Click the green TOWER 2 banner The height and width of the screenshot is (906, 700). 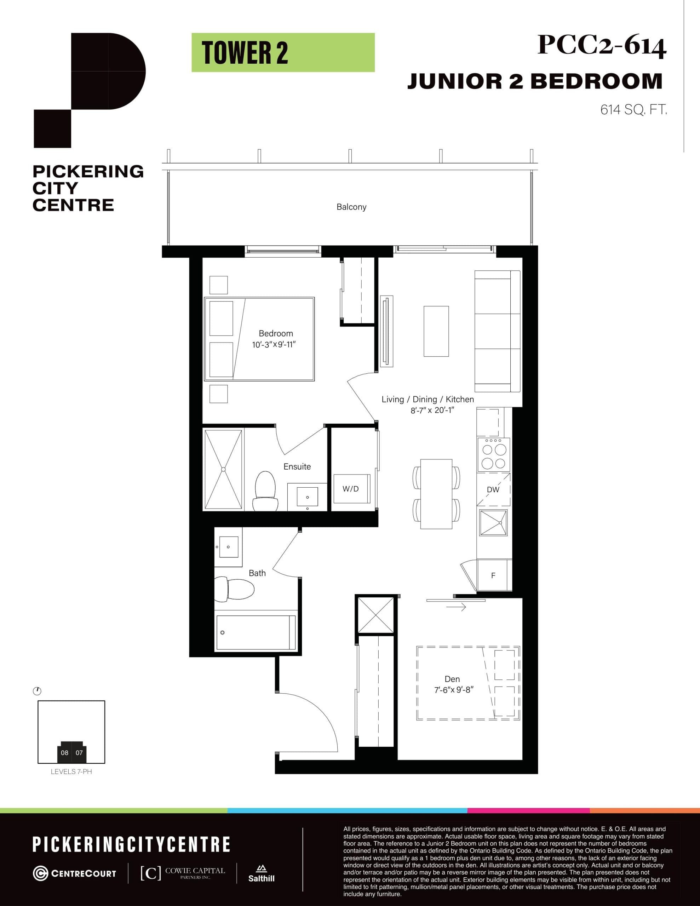click(x=283, y=53)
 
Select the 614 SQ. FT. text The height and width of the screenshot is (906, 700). click(x=633, y=110)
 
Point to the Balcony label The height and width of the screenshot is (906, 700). click(x=351, y=207)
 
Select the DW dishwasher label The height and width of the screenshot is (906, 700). click(x=493, y=489)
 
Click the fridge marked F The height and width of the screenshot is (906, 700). click(x=493, y=575)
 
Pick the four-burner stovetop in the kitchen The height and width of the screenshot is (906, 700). click(x=494, y=455)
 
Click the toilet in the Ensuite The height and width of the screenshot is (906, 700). click(x=265, y=490)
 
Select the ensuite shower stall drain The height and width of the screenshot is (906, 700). click(x=223, y=470)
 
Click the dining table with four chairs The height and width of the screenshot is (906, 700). click(x=436, y=494)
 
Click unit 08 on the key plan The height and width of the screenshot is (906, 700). click(x=64, y=752)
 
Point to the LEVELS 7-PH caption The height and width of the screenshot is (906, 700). click(x=71, y=772)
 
